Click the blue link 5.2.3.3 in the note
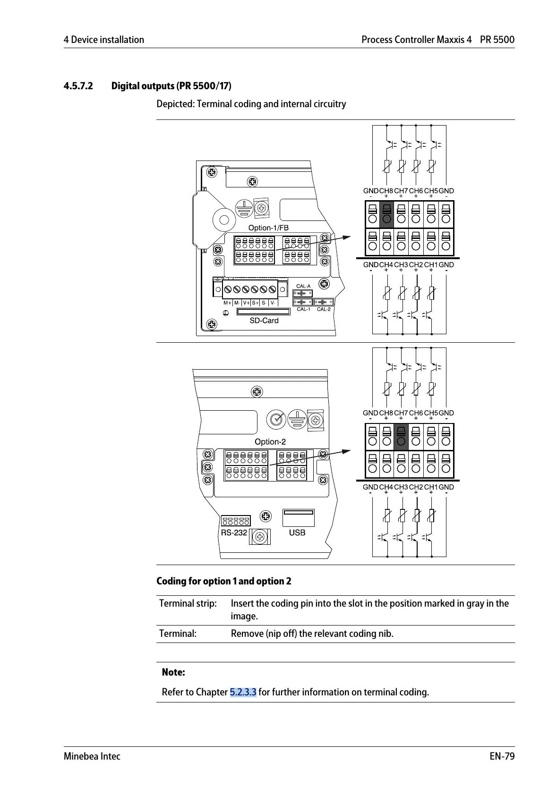click(x=243, y=692)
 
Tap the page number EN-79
click(x=502, y=756)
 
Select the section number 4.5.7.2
click(x=78, y=86)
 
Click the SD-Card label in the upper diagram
click(x=264, y=321)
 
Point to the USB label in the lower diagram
click(x=297, y=533)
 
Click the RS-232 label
click(x=234, y=533)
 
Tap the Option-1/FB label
click(x=268, y=228)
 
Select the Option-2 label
click(x=270, y=442)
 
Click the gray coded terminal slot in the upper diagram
click(x=386, y=214)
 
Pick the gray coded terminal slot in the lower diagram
click(x=401, y=437)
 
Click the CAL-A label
click(x=303, y=286)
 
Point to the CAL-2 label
click(x=324, y=310)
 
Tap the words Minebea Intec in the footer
click(x=92, y=756)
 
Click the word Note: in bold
click(x=173, y=672)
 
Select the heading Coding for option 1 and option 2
click(x=224, y=581)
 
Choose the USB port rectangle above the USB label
click(x=298, y=517)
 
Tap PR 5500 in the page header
click(x=497, y=40)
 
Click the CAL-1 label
click(x=303, y=310)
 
